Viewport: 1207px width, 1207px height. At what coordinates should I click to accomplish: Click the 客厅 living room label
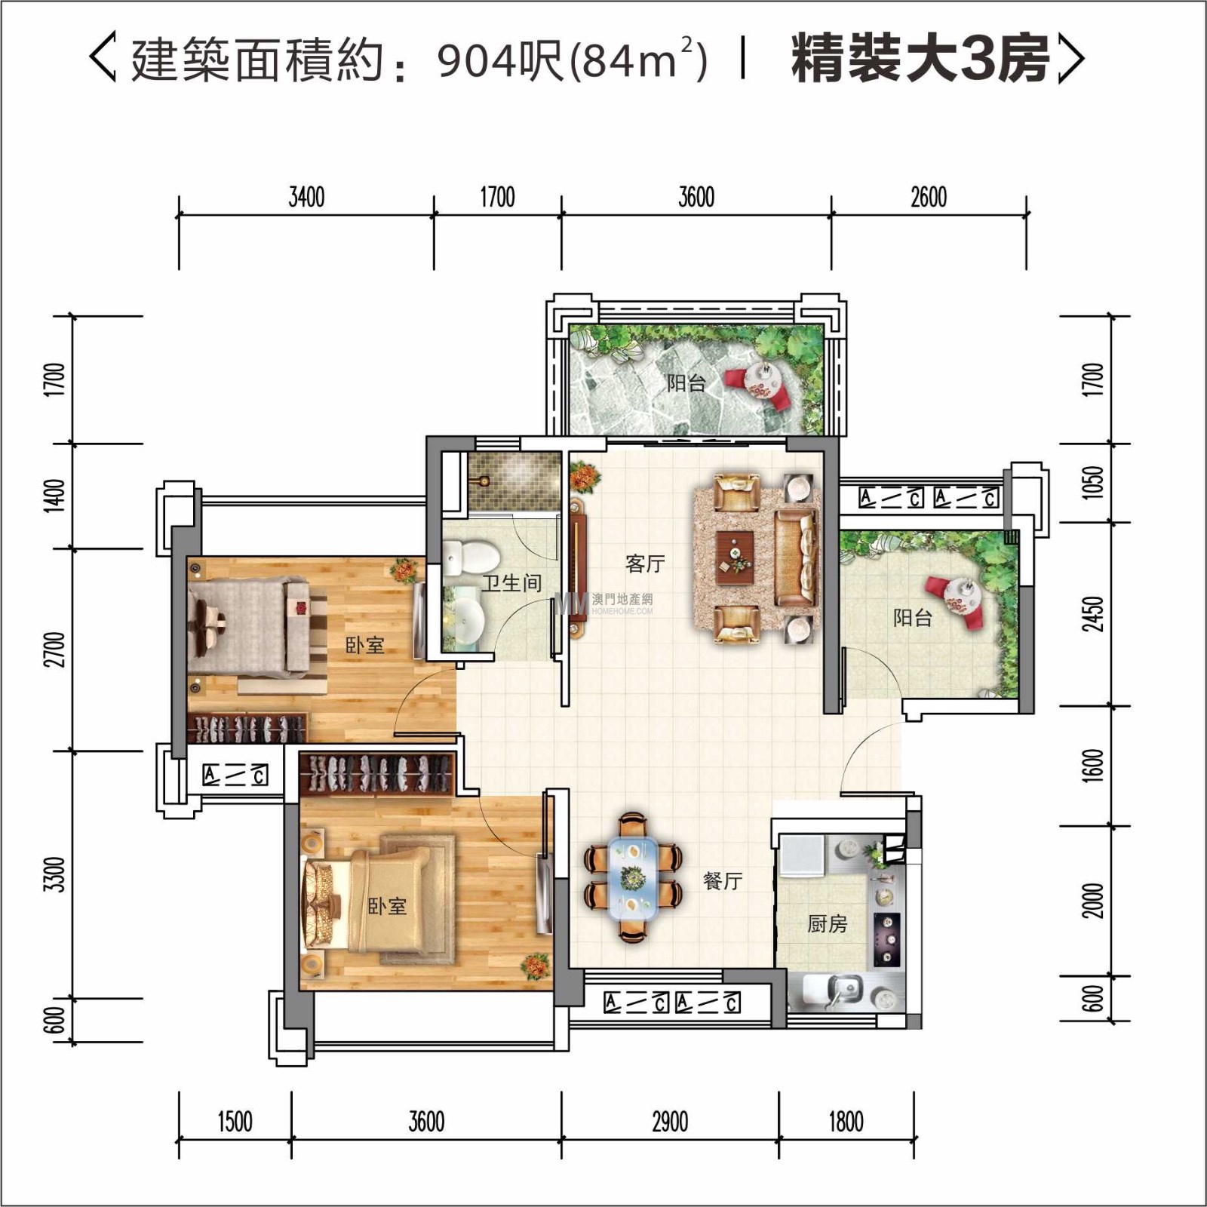pos(645,564)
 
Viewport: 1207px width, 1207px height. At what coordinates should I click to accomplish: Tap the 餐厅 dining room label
pos(722,880)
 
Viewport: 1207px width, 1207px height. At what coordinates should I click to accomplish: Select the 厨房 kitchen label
pos(827,923)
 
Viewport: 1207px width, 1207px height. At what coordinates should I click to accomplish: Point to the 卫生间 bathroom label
pos(512,582)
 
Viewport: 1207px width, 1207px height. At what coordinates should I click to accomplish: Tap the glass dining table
pos(633,876)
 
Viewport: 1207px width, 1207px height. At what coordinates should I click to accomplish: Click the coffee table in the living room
pos(735,557)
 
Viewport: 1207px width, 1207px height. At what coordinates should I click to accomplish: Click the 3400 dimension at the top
pos(306,198)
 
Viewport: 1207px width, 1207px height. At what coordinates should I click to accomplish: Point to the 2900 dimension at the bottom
pos(670,1122)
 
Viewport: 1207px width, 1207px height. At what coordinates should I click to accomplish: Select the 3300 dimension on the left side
pos(54,874)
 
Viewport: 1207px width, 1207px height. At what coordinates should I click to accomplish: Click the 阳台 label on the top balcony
pos(686,383)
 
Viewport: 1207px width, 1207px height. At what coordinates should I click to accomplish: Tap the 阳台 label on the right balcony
pos(913,618)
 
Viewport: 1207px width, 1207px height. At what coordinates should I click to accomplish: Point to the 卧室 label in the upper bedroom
pos(365,645)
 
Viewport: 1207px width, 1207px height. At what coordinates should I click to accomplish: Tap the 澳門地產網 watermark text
pos(622,600)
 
